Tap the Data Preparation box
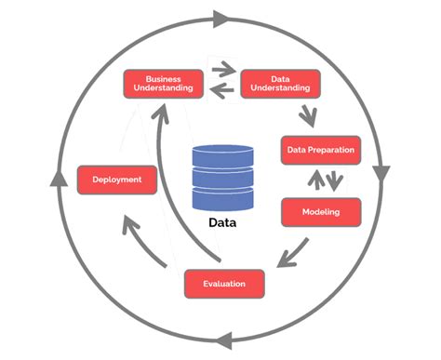pos(319,150)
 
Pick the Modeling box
pos(320,212)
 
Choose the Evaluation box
pos(225,283)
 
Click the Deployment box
pos(116,179)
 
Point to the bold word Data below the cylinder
pos(221,223)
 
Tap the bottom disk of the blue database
pos(221,197)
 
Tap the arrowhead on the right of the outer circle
pos(381,174)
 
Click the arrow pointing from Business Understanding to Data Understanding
pos(223,69)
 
